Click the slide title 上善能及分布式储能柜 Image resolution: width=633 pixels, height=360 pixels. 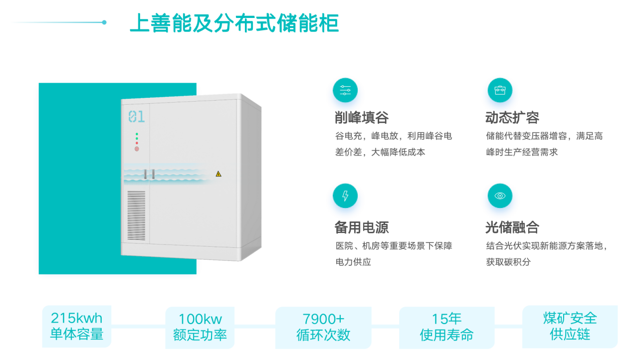tap(234, 23)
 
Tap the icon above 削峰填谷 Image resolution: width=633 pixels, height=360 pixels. tap(345, 90)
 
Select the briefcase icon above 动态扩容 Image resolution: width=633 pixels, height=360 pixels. tap(499, 90)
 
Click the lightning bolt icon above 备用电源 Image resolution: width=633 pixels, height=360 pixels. tap(345, 196)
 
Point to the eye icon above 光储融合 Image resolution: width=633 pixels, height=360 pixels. tap(499, 196)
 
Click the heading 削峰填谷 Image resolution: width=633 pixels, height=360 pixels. tap(362, 118)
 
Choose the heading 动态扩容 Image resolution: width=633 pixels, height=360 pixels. tap(512, 118)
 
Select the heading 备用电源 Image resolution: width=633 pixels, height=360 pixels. tap(362, 227)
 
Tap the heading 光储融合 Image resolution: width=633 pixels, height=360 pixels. tap(512, 227)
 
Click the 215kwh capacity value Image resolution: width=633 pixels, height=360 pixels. tap(76, 318)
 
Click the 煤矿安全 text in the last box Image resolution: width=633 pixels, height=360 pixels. tap(570, 318)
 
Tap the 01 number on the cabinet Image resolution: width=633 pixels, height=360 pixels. tap(137, 117)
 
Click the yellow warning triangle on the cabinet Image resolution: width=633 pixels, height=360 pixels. tap(218, 174)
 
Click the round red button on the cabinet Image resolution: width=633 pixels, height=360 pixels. tap(137, 149)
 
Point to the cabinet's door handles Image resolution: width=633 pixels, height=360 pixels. tap(149, 174)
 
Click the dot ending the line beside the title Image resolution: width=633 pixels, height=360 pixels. tap(104, 22)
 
